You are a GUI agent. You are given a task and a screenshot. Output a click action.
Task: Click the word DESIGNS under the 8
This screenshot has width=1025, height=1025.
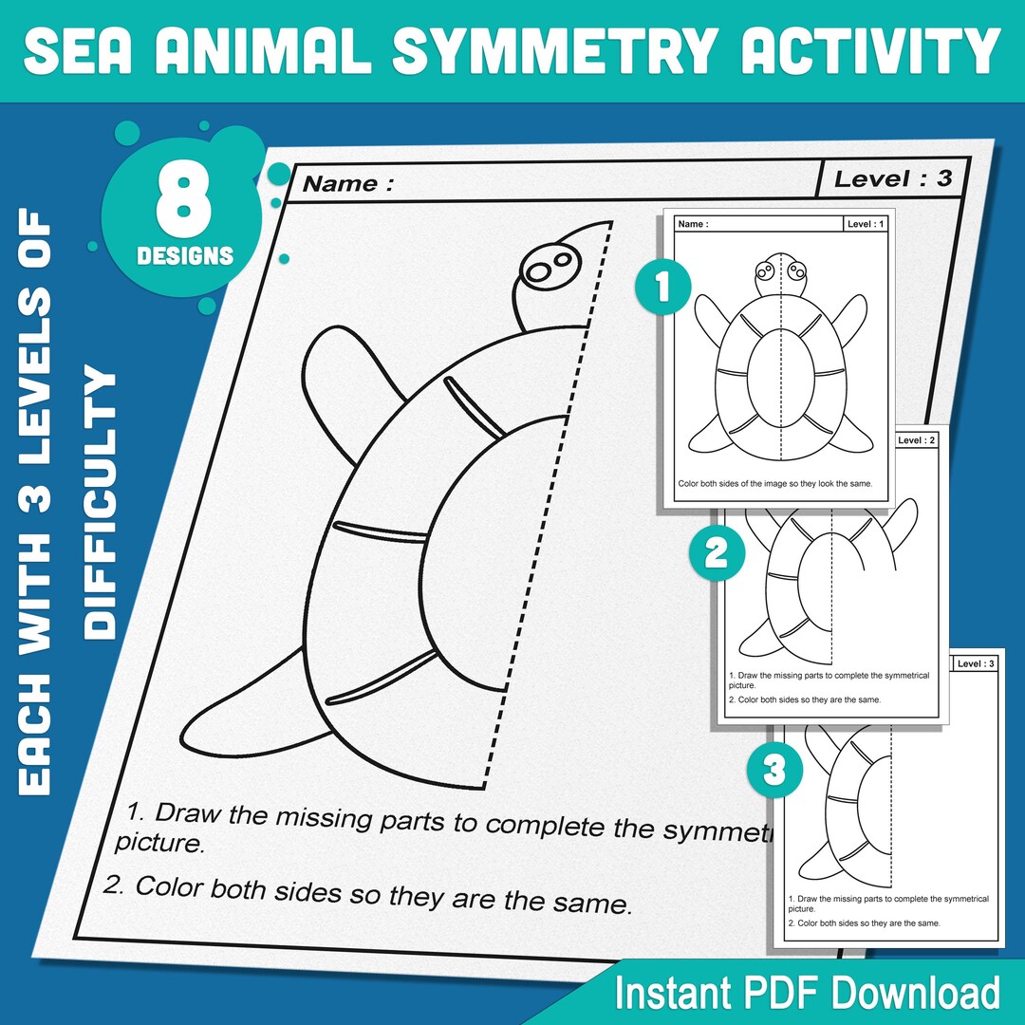184,255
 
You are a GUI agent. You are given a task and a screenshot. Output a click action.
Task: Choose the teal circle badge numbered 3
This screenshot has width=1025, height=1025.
774,770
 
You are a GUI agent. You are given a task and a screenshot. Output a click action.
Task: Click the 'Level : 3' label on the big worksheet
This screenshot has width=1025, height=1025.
892,177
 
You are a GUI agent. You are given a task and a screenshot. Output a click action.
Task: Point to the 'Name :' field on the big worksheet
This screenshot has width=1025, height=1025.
347,184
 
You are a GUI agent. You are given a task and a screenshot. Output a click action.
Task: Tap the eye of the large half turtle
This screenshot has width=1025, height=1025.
544,271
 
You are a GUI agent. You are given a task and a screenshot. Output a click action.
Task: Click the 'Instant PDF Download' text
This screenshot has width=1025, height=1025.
807,993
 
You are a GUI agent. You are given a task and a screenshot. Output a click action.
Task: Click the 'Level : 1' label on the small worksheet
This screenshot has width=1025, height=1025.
867,224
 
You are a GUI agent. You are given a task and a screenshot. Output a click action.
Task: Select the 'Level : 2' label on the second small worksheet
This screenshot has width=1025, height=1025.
916,440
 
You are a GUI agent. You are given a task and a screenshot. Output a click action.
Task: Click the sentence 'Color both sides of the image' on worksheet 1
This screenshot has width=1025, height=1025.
774,483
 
